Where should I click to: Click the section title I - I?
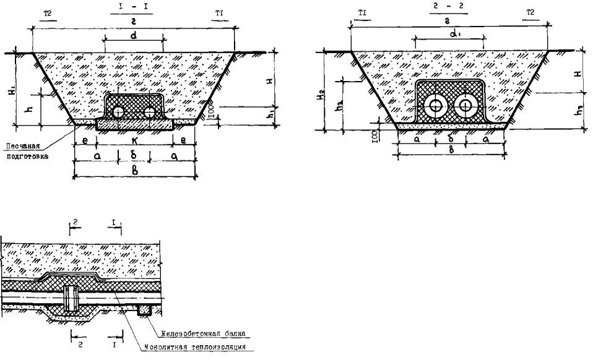(x=133, y=8)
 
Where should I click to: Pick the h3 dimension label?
(x=577, y=111)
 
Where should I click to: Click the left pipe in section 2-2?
(x=436, y=106)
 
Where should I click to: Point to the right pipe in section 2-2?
(x=465, y=106)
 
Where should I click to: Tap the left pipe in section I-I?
(x=119, y=112)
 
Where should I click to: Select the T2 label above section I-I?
(x=48, y=12)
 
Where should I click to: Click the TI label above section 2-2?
(x=362, y=12)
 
